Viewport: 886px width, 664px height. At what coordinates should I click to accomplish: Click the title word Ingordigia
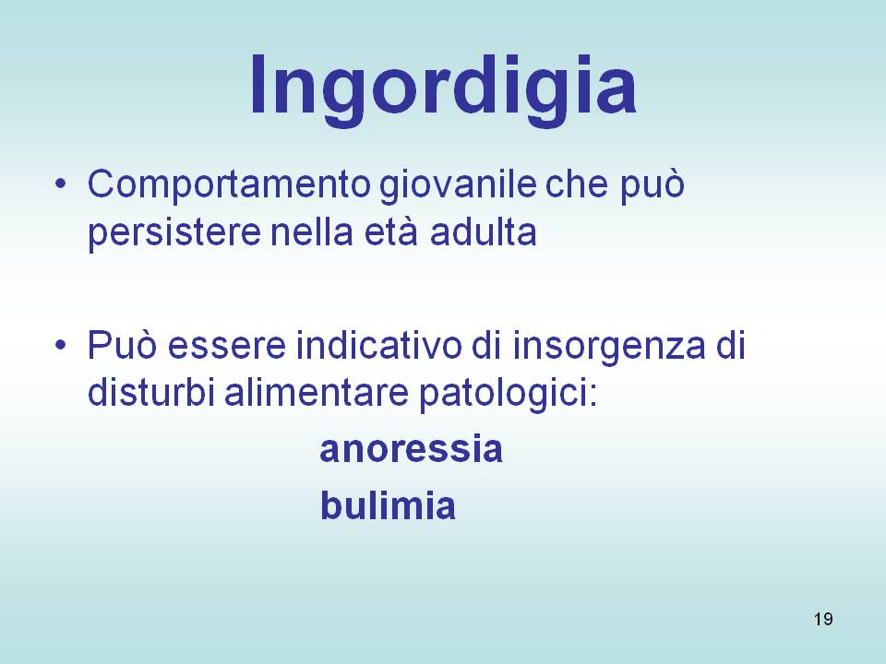443,89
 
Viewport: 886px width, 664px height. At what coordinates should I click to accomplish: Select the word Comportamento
228,186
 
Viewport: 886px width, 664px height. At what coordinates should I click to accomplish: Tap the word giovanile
457,186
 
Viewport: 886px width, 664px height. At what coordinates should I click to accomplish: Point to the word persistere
174,233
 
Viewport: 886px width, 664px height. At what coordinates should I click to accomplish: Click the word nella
311,231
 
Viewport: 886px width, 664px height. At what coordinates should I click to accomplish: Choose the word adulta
483,231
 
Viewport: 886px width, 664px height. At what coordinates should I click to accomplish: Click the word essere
227,346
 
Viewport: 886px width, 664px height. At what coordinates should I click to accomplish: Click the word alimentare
317,392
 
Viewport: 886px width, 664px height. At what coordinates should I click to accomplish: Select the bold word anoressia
411,449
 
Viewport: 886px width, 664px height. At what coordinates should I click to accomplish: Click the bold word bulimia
388,504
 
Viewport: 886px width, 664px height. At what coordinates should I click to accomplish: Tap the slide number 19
823,619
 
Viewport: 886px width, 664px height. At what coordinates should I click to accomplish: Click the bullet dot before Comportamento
61,184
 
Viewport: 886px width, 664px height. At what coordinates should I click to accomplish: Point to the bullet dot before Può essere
61,344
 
